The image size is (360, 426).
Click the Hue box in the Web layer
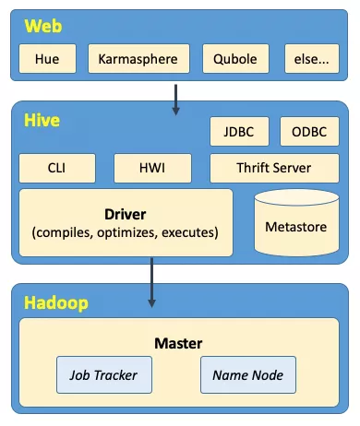47,60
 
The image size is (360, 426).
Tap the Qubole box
233,60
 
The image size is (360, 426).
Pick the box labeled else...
310,60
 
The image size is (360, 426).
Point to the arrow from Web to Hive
175,97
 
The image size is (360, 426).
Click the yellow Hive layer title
41,121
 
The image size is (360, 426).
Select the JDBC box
240,132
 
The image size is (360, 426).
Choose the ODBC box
309,132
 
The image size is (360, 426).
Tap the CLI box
57,169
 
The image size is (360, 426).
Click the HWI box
152,169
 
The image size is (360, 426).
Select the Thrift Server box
274,169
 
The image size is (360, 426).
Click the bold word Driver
126,213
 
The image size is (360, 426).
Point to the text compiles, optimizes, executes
126,231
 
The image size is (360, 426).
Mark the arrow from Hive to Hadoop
152,284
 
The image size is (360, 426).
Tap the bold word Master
178,343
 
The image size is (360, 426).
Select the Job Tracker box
103,375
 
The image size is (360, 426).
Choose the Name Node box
248,375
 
